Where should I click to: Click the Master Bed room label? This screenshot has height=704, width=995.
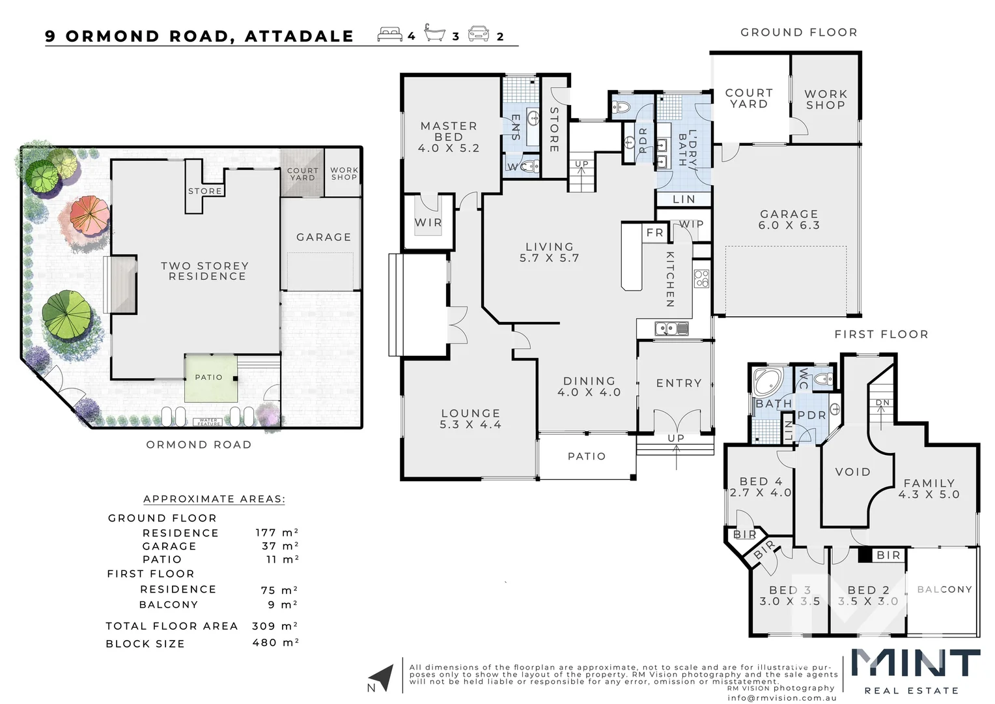point(449,137)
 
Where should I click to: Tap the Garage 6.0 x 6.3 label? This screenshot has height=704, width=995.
point(789,220)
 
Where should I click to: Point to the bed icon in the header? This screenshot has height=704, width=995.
point(389,35)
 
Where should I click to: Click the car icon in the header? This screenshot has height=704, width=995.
point(479,34)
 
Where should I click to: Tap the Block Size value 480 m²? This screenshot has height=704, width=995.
point(275,643)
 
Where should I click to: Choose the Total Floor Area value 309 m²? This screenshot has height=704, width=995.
point(275,626)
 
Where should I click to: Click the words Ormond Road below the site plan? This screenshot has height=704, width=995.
point(199,445)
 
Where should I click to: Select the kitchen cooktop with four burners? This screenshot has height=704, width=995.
point(701,278)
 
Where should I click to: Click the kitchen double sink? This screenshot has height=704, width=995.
point(671,329)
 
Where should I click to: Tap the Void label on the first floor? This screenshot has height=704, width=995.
point(852,472)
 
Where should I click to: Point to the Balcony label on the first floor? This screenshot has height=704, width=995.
point(944,589)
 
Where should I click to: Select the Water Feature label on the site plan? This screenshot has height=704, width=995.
point(208,422)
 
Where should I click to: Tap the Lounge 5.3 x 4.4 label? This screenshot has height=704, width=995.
point(470,418)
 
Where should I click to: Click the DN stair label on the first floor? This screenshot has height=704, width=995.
point(882,403)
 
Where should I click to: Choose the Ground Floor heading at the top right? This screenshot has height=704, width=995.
point(798,33)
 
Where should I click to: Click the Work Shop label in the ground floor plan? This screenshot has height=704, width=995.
point(825,100)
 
